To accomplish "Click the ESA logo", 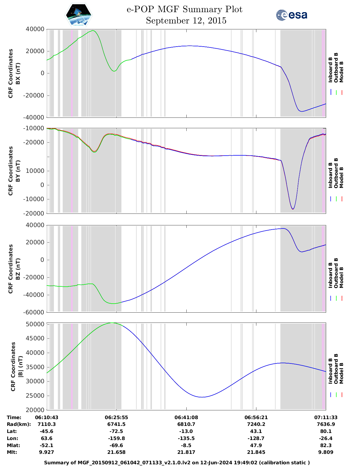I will point(292,15).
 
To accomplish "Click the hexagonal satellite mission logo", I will point(79,15).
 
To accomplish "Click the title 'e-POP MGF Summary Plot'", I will point(184,9).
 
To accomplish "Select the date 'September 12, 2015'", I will point(186,21).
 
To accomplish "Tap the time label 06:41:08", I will point(186,417).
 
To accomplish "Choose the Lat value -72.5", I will point(116,431).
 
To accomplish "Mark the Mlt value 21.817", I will point(186,452).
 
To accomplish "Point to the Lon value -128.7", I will point(256,438).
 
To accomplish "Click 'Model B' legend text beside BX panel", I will point(341,72).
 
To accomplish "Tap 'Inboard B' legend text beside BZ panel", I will point(330,275).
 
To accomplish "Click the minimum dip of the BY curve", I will point(293,209).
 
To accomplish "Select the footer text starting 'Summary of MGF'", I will point(177,463).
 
